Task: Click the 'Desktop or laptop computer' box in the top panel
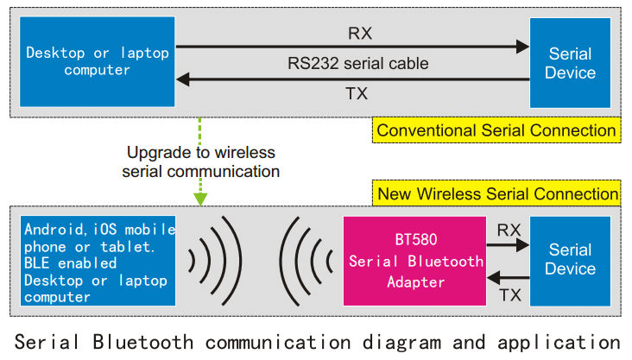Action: [x=98, y=61]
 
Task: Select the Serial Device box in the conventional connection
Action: [x=570, y=63]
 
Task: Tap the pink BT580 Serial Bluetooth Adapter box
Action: [x=414, y=261]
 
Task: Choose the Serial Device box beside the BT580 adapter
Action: [x=570, y=261]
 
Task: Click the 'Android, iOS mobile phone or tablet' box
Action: [x=98, y=261]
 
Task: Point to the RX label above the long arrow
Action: [x=360, y=33]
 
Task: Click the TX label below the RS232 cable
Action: [x=357, y=93]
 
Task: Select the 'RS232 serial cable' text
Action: [x=358, y=63]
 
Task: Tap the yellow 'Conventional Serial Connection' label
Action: [x=496, y=130]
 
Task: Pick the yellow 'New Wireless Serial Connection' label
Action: [x=496, y=193]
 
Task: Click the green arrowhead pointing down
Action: [x=200, y=199]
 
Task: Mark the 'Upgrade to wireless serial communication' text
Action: [x=200, y=161]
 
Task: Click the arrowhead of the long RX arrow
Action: [x=522, y=47]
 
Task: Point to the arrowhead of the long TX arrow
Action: [x=183, y=79]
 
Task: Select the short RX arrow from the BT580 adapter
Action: [x=508, y=244]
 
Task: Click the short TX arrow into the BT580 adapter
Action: [x=508, y=277]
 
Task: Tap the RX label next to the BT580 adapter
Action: [x=509, y=230]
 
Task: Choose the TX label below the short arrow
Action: [x=510, y=295]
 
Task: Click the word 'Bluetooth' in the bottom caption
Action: [x=142, y=342]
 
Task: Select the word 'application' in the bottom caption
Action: [x=559, y=343]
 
